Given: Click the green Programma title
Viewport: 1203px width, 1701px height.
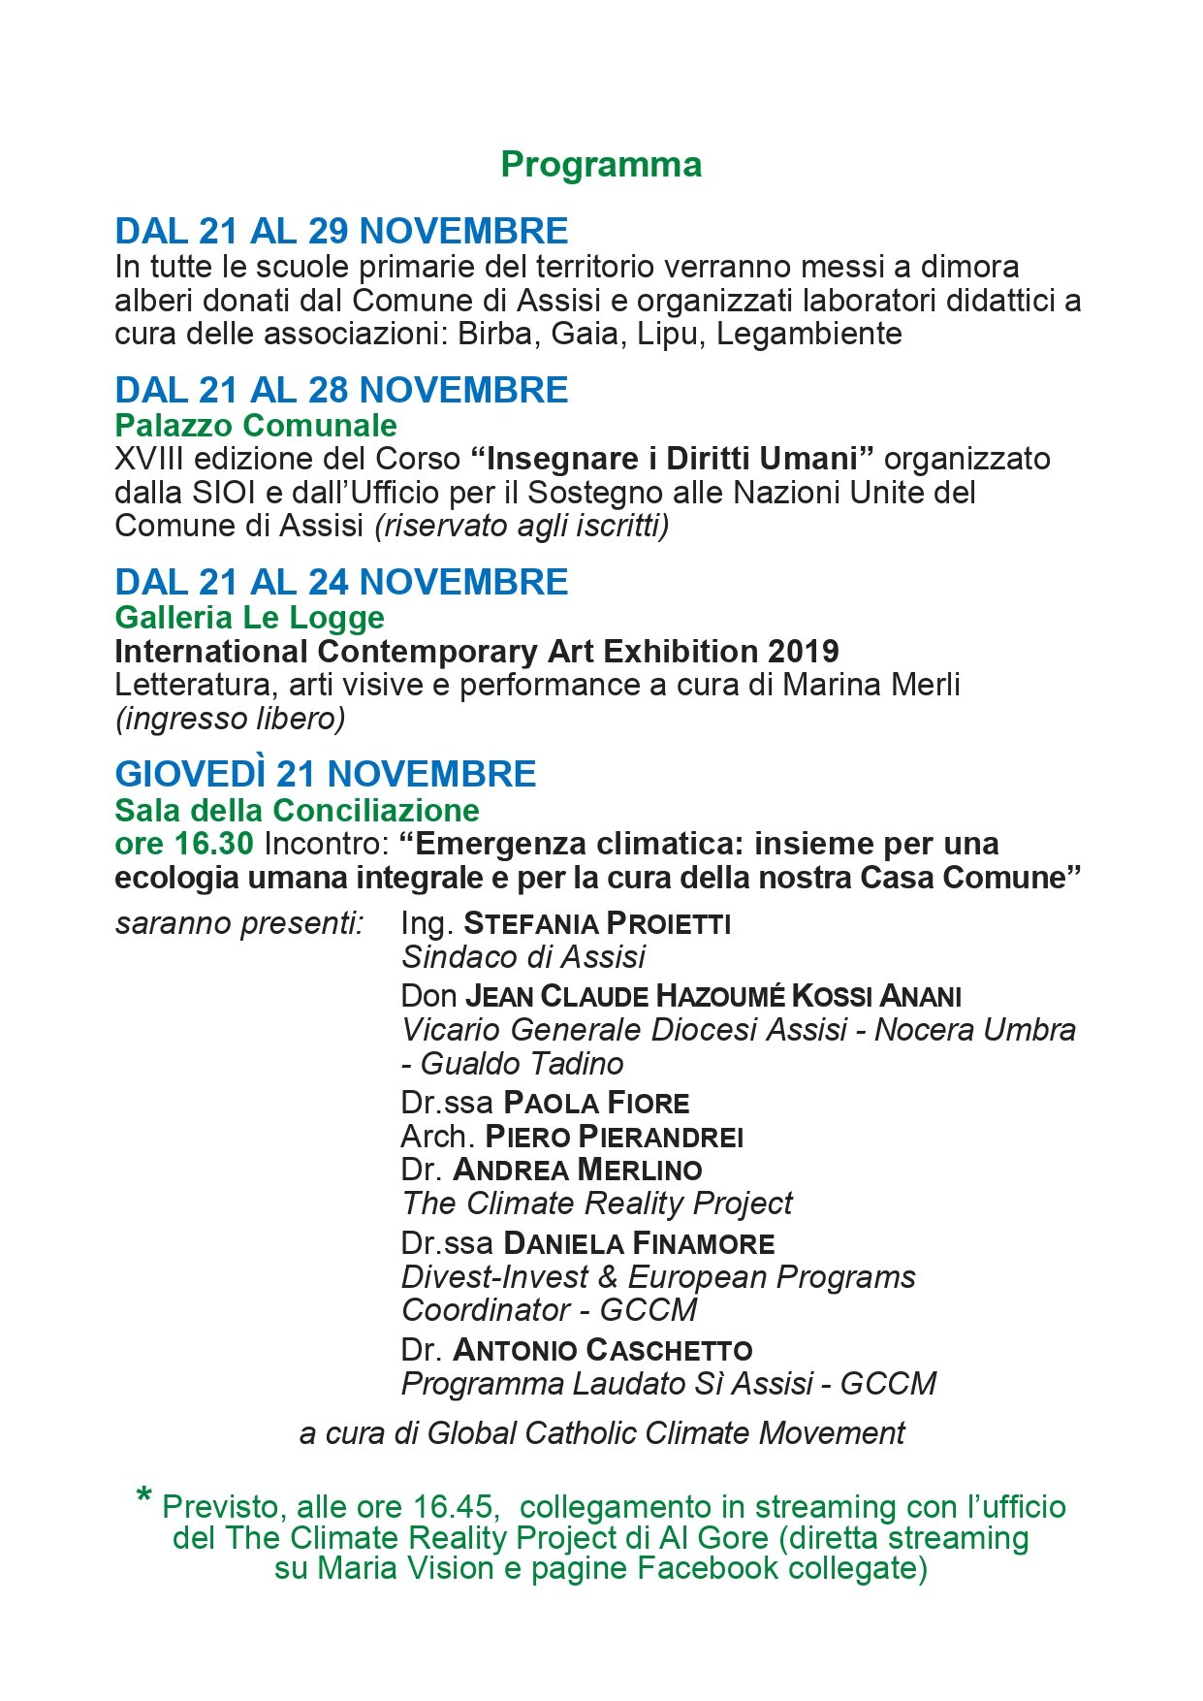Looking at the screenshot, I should [601, 165].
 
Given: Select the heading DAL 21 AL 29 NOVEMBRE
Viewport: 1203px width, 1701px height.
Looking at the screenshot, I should [341, 231].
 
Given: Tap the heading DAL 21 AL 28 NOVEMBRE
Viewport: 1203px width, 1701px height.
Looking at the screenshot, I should [341, 390].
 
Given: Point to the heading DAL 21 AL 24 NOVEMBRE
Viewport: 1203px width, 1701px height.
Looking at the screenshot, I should [341, 582].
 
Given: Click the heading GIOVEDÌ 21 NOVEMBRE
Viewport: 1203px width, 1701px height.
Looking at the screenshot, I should [325, 774].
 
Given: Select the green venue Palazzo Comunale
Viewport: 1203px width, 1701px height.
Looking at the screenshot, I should [256, 425].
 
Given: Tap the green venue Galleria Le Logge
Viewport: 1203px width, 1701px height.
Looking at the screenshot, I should [249, 617].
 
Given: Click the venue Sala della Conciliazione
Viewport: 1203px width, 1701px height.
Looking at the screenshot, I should [297, 810].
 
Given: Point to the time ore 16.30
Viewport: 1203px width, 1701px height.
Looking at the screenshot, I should [184, 844].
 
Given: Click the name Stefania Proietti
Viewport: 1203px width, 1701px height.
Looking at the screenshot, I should [597, 923].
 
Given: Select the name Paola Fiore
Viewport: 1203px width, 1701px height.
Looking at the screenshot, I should [596, 1103].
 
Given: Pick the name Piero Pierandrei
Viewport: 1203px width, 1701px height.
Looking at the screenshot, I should [614, 1137].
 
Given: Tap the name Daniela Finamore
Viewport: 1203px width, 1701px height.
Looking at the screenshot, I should [639, 1243].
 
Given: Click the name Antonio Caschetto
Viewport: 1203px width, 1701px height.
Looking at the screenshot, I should [602, 1350].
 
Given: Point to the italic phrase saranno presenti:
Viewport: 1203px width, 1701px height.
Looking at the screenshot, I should [239, 923].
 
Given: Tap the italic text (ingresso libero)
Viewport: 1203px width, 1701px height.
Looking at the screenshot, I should [230, 719].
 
